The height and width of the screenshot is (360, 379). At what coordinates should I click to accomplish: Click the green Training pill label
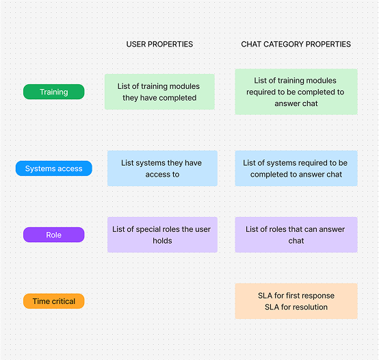(53, 92)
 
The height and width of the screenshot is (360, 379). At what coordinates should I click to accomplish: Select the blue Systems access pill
(53, 168)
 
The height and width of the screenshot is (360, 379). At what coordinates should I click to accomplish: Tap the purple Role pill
(53, 235)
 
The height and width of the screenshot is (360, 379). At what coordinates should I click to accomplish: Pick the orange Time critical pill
(53, 301)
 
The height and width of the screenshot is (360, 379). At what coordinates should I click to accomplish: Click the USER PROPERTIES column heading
(159, 44)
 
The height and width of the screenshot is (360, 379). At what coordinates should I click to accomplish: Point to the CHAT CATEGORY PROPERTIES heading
(296, 44)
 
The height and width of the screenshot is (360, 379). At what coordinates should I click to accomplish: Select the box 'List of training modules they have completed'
(159, 92)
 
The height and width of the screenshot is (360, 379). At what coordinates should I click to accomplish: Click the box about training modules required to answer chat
(296, 92)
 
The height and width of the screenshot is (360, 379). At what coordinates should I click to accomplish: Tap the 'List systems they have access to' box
(162, 168)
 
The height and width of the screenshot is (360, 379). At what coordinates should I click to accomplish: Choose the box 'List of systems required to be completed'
(296, 168)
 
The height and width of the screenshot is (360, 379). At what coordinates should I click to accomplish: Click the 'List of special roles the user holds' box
(162, 235)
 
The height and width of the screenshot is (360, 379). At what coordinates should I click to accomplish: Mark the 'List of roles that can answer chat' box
(296, 235)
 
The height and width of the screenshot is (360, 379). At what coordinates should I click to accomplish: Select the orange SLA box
(296, 301)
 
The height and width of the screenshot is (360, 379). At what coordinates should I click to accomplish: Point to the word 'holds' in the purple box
(162, 241)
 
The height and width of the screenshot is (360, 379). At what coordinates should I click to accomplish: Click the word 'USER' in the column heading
(136, 44)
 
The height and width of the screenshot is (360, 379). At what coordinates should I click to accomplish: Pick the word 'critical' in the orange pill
(64, 301)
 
